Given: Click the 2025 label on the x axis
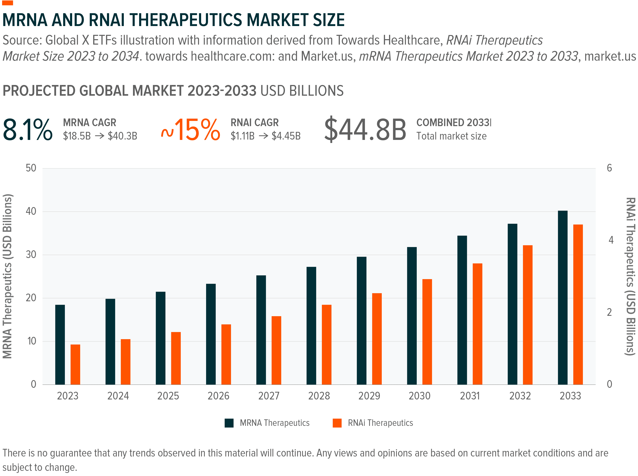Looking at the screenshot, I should click(x=168, y=396).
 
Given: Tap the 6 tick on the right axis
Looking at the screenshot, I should click(x=609, y=168).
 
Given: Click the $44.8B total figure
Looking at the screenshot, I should click(x=365, y=130).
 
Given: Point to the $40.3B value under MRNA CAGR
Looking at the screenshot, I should click(x=122, y=136).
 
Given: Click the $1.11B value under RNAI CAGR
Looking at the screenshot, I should click(x=242, y=136).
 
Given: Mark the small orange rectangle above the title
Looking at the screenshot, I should click(x=7, y=3).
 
